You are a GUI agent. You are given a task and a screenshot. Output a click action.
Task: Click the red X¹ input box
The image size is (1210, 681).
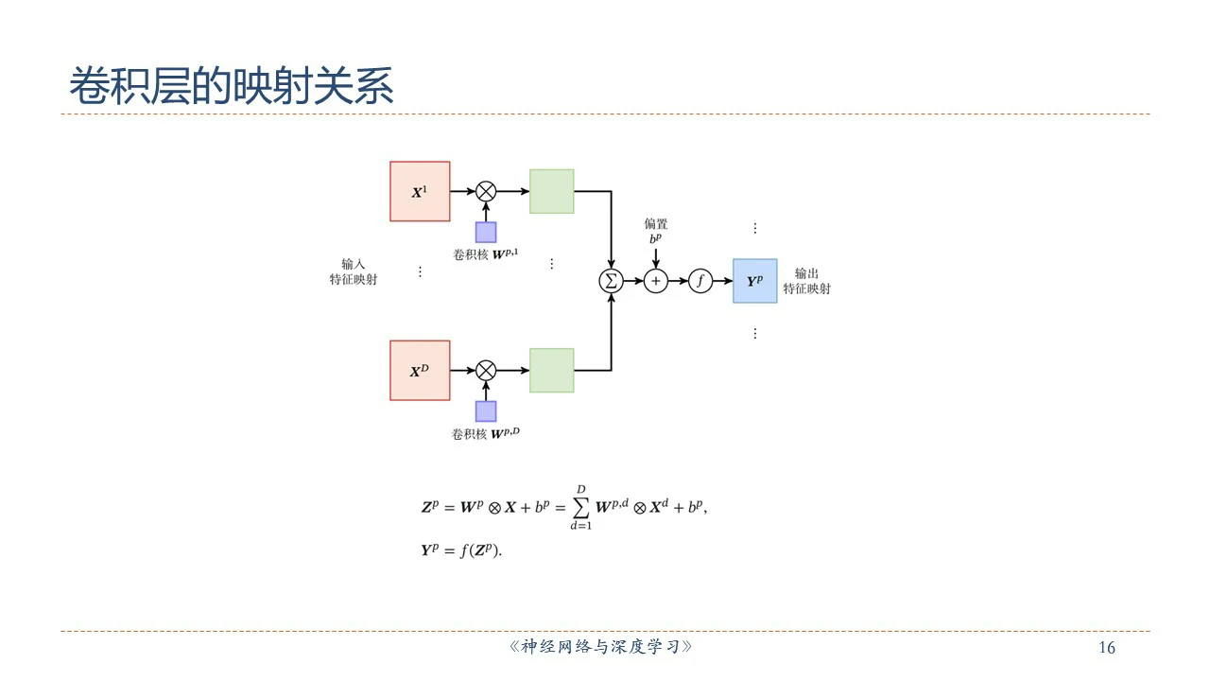pos(420,191)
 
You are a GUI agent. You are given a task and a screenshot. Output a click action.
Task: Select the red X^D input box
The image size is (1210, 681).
pos(420,371)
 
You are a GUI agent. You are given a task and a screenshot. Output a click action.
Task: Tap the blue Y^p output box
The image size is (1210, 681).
pos(754,281)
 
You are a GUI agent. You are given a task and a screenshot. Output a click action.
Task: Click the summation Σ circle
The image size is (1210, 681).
pos(612,281)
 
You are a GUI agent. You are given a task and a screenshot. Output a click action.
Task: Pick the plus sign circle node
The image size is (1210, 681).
pos(655,281)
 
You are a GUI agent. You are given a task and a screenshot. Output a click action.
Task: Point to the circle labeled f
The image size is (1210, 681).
pos(700,281)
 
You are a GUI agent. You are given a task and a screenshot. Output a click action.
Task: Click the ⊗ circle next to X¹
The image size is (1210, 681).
pos(486,191)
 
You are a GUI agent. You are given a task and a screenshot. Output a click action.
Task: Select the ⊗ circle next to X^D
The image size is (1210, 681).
pos(486,370)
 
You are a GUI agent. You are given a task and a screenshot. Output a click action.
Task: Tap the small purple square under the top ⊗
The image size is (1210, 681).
pos(486,232)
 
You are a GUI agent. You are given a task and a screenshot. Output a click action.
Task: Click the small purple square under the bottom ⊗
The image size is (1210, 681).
pos(486,411)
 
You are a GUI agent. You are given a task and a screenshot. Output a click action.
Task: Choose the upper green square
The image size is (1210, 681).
pos(551,191)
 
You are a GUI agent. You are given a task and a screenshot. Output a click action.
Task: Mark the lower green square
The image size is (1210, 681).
pos(551,370)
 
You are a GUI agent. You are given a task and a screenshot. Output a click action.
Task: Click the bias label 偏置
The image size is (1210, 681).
pos(656,224)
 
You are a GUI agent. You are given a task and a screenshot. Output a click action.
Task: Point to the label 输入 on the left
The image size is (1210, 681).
pos(354,264)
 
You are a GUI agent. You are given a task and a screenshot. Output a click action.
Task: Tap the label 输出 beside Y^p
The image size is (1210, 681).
pos(806,273)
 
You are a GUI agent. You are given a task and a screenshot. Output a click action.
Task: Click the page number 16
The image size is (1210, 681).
pos(1107,648)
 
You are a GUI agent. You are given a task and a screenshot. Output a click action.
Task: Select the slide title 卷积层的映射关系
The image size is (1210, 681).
pos(232,87)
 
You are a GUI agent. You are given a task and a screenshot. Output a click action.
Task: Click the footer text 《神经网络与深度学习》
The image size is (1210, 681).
pos(600,648)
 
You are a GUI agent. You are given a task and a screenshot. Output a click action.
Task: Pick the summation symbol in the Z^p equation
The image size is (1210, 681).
pos(581,508)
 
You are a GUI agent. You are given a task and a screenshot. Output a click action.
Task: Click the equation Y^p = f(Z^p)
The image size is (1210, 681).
pos(461,550)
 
